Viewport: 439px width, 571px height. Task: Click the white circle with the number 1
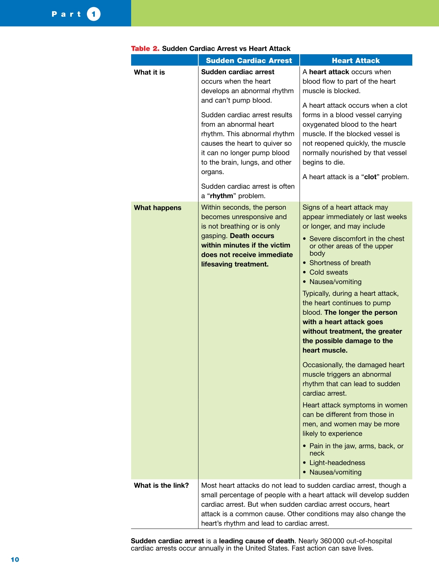(x=94, y=14)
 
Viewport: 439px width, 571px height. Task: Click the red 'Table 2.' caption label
(x=145, y=49)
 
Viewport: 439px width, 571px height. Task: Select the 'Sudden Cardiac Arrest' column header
(x=249, y=61)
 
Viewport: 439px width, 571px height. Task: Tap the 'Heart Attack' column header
(x=356, y=61)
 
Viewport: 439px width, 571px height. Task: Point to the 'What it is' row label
(x=149, y=72)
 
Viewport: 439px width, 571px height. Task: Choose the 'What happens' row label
(x=157, y=208)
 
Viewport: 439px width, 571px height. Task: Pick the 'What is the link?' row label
(x=161, y=485)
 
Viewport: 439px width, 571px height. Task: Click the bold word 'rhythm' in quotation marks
(x=221, y=196)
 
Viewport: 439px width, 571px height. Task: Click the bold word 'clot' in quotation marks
(x=370, y=177)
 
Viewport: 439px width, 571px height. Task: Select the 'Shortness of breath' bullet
(x=340, y=263)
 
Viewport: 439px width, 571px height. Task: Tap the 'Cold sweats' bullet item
(x=328, y=272)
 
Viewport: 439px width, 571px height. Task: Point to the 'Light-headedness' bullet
(x=337, y=463)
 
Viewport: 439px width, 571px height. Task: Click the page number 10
(x=15, y=559)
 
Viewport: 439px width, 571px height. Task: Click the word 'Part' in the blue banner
(x=67, y=14)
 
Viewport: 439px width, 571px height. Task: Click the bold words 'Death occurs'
(x=252, y=236)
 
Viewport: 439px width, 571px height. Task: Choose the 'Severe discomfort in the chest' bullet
(x=356, y=239)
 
